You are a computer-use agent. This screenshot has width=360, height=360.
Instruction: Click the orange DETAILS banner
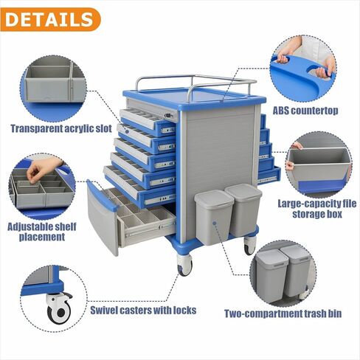(x=50, y=18)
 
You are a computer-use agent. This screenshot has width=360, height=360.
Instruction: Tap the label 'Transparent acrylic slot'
(x=61, y=128)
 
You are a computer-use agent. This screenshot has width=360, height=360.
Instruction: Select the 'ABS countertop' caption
(x=305, y=111)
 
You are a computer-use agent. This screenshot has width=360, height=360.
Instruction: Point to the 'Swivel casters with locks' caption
(x=143, y=310)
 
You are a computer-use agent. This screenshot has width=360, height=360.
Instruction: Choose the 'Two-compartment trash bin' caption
(x=283, y=314)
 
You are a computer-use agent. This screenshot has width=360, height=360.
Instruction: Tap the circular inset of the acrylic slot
(x=53, y=86)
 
